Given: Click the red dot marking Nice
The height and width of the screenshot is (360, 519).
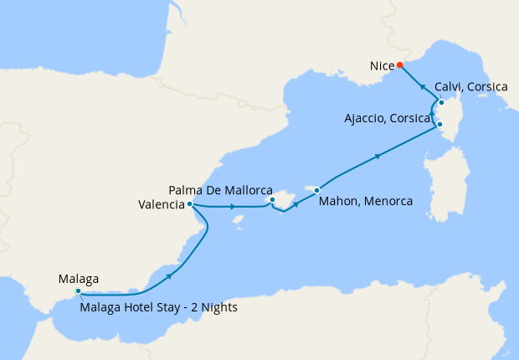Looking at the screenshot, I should pyautogui.click(x=400, y=64).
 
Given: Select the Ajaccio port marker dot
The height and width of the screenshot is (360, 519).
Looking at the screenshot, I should pyautogui.click(x=440, y=126).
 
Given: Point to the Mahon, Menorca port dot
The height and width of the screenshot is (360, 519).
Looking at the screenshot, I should pyautogui.click(x=317, y=191).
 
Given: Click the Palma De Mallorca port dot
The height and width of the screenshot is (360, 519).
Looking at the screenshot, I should pyautogui.click(x=272, y=200).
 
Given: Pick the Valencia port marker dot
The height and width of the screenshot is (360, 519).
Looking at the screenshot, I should pyautogui.click(x=191, y=203).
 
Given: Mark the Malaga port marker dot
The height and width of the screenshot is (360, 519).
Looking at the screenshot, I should pyautogui.click(x=78, y=291).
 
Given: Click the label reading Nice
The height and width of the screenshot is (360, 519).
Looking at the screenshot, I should pyautogui.click(x=381, y=64).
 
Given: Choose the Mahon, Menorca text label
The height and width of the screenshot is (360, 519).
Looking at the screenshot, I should pyautogui.click(x=366, y=201).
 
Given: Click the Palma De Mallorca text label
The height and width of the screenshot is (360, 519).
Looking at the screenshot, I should pyautogui.click(x=221, y=190).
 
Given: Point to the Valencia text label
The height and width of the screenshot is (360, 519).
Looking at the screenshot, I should pyautogui.click(x=161, y=203).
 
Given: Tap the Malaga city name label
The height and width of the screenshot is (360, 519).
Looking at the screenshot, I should pyautogui.click(x=80, y=278).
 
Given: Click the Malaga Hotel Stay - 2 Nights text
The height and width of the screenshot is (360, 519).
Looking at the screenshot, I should pyautogui.click(x=159, y=307).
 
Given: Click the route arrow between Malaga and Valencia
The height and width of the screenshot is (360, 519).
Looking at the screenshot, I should pyautogui.click(x=171, y=275).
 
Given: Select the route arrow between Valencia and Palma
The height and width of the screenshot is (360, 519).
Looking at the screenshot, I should pyautogui.click(x=232, y=206).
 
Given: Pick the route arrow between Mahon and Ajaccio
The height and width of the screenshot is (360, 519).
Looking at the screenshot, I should pyautogui.click(x=379, y=156).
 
